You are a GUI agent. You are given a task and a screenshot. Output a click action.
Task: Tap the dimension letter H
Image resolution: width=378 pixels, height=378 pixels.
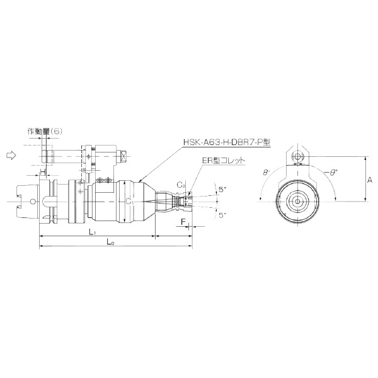pyautogui.click(x=43, y=172)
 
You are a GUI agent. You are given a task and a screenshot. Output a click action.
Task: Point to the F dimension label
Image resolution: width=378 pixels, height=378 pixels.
pyautogui.click(x=183, y=222)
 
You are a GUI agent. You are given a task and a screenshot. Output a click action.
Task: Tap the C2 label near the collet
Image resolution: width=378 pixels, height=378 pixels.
pyautogui.click(x=180, y=185)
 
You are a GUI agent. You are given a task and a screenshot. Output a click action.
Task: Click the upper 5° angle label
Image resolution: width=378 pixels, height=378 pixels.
pyautogui.click(x=221, y=188)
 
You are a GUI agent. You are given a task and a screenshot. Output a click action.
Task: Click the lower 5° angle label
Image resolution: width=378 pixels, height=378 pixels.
pyautogui.click(x=221, y=214)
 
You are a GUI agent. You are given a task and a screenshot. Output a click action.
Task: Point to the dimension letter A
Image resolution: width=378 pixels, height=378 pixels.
pyautogui.click(x=370, y=180)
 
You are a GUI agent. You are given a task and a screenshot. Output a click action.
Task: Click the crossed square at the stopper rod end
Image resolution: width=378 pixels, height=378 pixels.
pyautogui.click(x=125, y=154)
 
